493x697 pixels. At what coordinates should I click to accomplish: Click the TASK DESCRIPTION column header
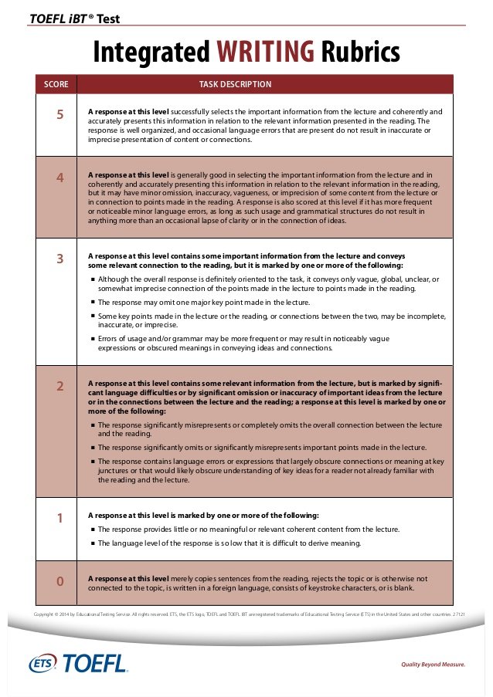(x=235, y=83)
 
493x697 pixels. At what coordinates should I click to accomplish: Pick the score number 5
(x=59, y=115)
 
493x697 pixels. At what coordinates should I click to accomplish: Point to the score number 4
(x=59, y=178)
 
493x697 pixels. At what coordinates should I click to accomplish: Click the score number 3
(x=59, y=259)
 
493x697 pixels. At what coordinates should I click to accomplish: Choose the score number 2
(x=59, y=386)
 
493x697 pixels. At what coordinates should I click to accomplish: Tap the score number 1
(x=59, y=518)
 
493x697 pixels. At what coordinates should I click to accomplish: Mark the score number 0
(x=59, y=580)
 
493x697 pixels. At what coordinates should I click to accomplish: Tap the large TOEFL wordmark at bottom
(x=94, y=663)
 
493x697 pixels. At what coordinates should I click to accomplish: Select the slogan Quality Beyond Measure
(x=433, y=664)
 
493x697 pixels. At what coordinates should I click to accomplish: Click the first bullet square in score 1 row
(x=92, y=530)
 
